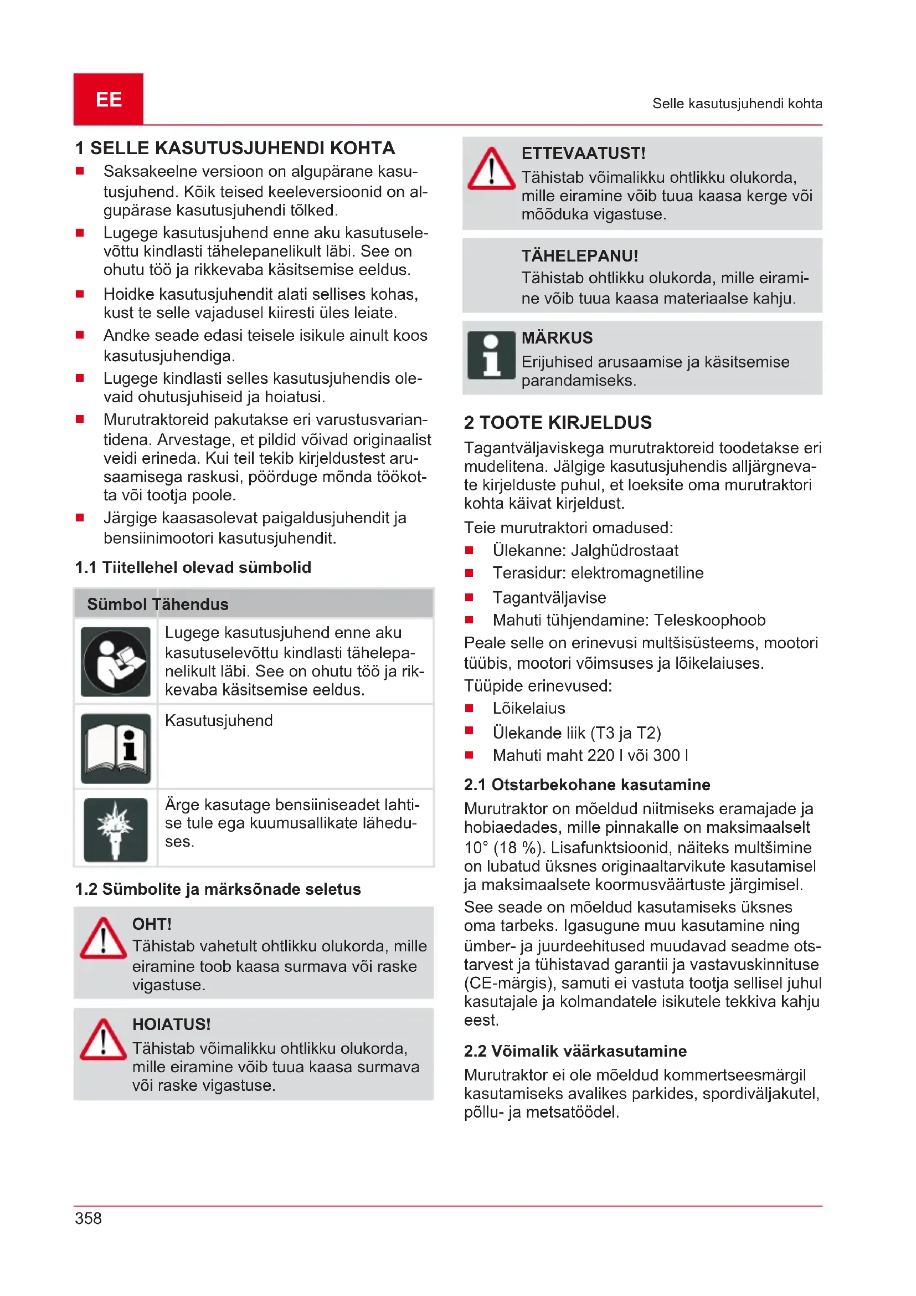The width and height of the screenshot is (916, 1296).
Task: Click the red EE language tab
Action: (x=109, y=99)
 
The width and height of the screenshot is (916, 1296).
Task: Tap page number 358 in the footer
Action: (x=89, y=1217)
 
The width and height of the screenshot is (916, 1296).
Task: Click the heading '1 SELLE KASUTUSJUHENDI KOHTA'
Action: (x=235, y=148)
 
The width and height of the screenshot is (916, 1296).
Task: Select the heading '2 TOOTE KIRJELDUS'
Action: (x=557, y=422)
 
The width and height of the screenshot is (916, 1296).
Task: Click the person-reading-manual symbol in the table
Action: (x=116, y=662)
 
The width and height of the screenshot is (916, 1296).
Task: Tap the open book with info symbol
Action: (x=116, y=748)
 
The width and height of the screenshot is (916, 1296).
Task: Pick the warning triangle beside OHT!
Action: (x=103, y=939)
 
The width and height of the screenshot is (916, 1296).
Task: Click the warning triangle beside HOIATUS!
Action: (x=103, y=1039)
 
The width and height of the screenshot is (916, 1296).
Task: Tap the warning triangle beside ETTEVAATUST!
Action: (x=491, y=170)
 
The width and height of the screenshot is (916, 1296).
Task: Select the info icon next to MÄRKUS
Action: (x=491, y=355)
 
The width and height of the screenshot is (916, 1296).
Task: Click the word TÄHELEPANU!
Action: (x=579, y=255)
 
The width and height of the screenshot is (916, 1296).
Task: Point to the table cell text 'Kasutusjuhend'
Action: (x=219, y=720)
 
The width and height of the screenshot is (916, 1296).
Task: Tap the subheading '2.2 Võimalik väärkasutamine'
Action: (x=575, y=1051)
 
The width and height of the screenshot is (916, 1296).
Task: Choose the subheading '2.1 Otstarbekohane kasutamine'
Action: (x=586, y=784)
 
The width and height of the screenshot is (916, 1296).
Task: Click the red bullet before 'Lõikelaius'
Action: (x=469, y=708)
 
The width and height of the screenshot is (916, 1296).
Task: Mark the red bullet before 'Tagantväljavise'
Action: (x=469, y=597)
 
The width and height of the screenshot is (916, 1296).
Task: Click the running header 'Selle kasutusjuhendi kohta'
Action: (x=737, y=103)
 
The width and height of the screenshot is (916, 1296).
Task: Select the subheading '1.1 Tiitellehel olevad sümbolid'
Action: (x=193, y=567)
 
